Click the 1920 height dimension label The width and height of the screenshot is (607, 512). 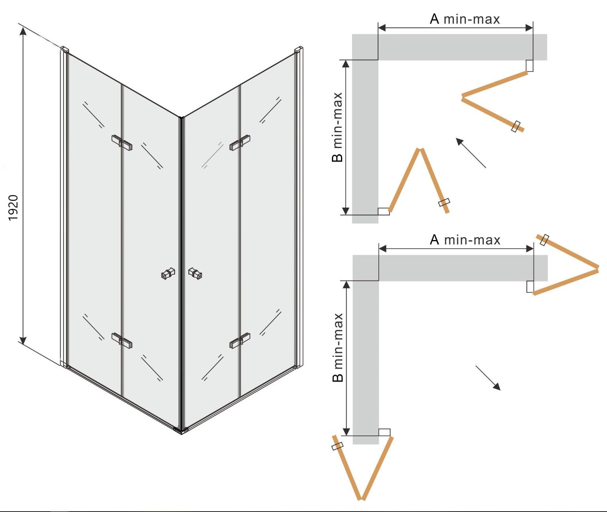tap(13, 208)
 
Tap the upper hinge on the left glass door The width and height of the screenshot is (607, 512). tap(122, 143)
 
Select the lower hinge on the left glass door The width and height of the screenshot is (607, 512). tap(122, 340)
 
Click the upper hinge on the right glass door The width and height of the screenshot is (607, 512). tap(240, 143)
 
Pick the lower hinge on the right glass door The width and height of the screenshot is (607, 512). tap(240, 340)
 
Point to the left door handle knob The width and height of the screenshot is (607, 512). tap(168, 274)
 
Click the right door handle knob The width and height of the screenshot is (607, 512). tap(195, 274)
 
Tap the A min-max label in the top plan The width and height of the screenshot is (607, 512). tap(465, 19)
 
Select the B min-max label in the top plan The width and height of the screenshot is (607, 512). tap(337, 127)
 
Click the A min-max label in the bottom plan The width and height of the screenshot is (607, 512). tap(465, 240)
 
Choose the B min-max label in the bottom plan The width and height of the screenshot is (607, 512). tap(337, 347)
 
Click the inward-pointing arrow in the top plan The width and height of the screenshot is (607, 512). tap(471, 153)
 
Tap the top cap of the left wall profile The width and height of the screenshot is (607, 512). tap(64, 49)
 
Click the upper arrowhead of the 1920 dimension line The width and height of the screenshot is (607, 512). tap(23, 31)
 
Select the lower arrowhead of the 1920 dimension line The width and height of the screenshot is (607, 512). tap(23, 341)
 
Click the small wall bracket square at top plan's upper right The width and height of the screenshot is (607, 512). tap(530, 66)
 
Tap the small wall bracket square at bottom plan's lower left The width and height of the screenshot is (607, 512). tap(384, 432)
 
